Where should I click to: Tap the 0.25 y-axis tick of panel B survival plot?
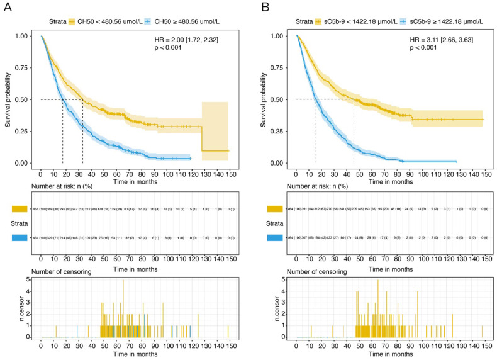click(279, 132)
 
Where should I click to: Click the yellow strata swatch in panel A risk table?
click(20, 209)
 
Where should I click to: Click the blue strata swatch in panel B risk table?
click(275, 238)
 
